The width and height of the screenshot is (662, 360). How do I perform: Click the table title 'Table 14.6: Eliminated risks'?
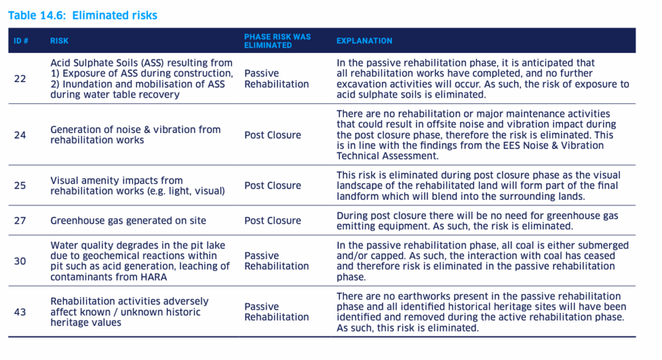(x=83, y=15)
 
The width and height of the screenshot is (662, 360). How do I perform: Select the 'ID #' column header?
(x=21, y=41)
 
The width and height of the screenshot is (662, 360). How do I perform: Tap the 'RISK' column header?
(x=59, y=41)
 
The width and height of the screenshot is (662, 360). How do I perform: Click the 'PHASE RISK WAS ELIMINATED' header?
(x=277, y=41)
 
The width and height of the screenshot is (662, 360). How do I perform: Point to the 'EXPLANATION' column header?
(x=364, y=41)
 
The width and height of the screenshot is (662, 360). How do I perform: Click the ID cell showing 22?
(x=20, y=79)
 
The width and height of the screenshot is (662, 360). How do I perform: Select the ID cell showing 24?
(x=20, y=135)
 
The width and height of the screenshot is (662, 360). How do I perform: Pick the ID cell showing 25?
(x=20, y=185)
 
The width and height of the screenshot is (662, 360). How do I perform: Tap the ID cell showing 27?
(x=20, y=220)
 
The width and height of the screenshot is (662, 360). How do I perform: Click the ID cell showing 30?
(x=20, y=260)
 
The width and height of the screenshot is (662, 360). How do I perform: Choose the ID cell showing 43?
(x=20, y=312)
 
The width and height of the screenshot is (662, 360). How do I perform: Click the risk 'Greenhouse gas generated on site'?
(x=128, y=220)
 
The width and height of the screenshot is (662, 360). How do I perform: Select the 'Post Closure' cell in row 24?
(x=272, y=135)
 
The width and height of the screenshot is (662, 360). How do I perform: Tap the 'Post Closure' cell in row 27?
(x=272, y=220)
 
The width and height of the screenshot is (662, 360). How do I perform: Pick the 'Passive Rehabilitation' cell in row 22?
(x=276, y=79)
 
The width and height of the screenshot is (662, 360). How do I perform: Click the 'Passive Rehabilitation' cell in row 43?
(x=276, y=312)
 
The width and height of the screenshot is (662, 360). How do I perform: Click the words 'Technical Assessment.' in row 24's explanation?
(x=388, y=156)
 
